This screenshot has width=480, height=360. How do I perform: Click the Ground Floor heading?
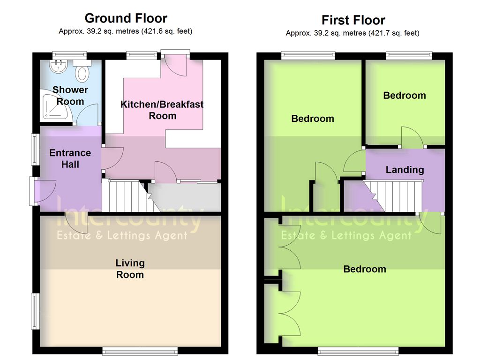(x=126, y=18)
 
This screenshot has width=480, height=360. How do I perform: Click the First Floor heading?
(x=353, y=20)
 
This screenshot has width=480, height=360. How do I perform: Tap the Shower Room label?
(x=70, y=96)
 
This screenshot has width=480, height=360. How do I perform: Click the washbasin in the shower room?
(x=59, y=66)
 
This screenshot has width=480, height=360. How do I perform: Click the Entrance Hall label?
(x=70, y=158)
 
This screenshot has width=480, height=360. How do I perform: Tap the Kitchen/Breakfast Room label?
(x=162, y=110)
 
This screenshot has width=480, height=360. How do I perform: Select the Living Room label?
(x=130, y=269)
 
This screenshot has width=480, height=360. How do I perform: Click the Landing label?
(x=405, y=170)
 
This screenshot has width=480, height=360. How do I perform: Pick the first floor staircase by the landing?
(x=392, y=195)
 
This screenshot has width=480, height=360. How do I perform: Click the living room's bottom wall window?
(x=140, y=351)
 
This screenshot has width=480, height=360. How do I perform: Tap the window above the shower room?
(x=69, y=55)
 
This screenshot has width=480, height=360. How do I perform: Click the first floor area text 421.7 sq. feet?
(x=395, y=33)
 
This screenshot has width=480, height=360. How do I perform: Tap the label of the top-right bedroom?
(x=405, y=96)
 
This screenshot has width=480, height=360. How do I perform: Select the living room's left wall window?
(x=36, y=311)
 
